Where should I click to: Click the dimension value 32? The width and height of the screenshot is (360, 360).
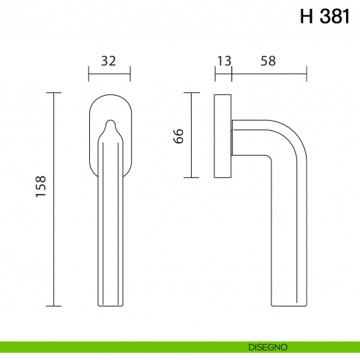108,61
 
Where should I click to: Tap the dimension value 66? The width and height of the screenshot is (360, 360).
179,135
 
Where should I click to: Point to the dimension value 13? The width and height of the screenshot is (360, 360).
223,61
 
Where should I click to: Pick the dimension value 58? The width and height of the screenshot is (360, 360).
268,61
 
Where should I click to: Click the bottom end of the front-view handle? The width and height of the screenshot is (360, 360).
109,303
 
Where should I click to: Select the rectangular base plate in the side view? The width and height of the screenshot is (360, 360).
223,135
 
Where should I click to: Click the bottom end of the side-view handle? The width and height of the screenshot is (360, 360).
287,304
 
